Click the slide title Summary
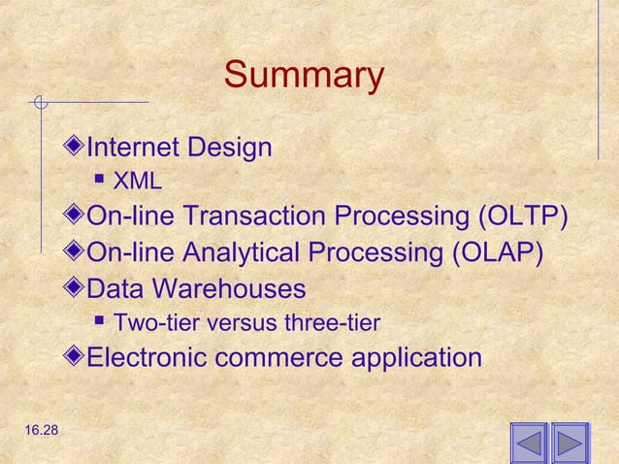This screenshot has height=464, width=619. click(304, 76)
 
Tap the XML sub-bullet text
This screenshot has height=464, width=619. click(138, 182)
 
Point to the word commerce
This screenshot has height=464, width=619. click(276, 357)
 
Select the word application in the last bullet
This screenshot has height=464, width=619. click(415, 357)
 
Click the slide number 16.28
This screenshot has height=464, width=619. click(36, 443)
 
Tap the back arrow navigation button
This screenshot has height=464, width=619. click(529, 444)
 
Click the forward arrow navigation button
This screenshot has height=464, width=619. click(570, 444)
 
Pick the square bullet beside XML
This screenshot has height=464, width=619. click(100, 181)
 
